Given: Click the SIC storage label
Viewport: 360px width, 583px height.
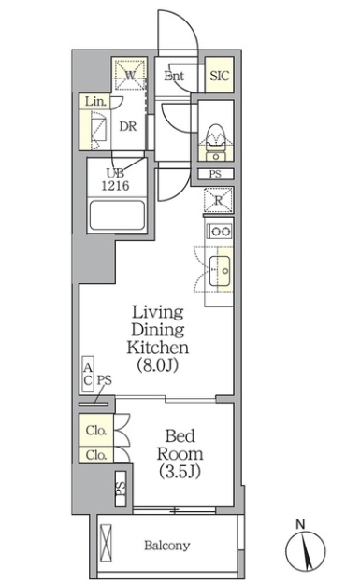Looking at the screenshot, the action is [x=220, y=76].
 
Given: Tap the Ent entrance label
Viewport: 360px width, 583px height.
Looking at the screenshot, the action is [x=174, y=77].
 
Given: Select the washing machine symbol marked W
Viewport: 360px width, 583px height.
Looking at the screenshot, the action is [x=130, y=74].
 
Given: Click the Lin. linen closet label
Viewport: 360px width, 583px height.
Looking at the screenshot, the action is [x=95, y=101].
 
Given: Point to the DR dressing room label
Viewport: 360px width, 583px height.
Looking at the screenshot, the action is [x=128, y=126].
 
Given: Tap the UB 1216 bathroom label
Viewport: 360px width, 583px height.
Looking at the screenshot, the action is [x=115, y=179].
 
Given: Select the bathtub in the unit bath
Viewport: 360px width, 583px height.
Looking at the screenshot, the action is [x=117, y=216].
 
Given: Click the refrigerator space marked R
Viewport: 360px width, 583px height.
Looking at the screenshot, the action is [x=218, y=201].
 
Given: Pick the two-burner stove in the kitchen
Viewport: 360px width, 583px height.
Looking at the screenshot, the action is [x=220, y=232].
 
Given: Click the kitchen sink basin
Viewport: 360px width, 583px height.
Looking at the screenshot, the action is [x=220, y=270].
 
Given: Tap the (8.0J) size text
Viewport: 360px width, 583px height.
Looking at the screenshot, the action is [x=158, y=365].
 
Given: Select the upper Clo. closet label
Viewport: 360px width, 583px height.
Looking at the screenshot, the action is [x=96, y=430].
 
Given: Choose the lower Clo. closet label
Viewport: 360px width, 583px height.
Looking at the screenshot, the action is [x=96, y=454].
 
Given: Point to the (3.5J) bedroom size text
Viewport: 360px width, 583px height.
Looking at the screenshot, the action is [x=180, y=472].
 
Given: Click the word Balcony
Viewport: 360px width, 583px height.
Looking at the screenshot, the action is [x=167, y=546].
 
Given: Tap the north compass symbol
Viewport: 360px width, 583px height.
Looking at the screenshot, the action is [x=305, y=547].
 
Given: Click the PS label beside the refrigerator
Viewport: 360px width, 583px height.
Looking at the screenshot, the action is [x=215, y=174].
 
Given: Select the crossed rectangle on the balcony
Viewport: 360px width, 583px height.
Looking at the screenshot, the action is [x=106, y=542].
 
